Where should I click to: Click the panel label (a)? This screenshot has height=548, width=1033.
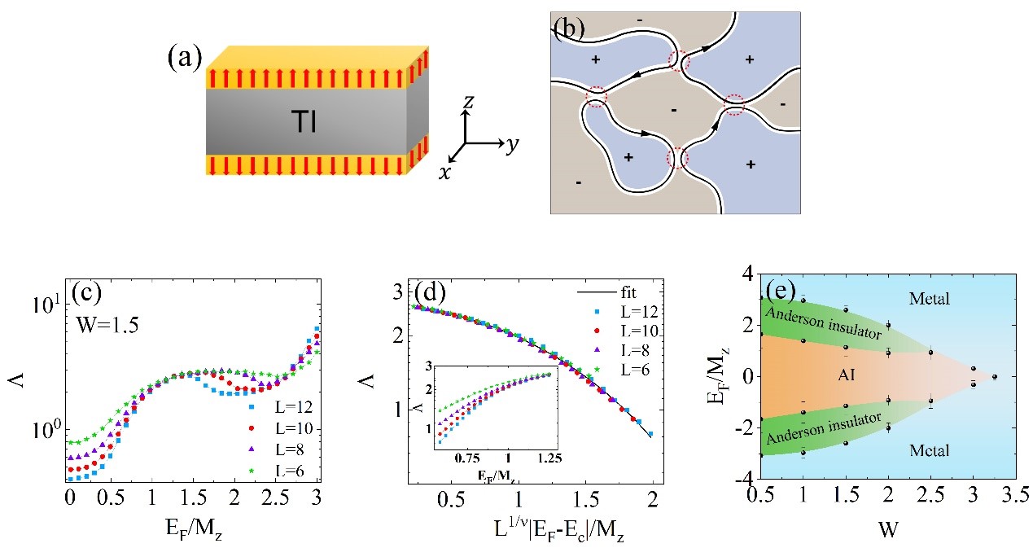point(185,59)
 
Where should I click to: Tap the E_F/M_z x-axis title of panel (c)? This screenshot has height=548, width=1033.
point(192,524)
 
